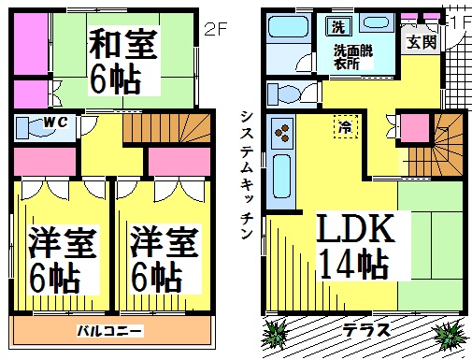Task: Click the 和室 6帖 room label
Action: point(123,61)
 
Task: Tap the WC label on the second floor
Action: point(55,122)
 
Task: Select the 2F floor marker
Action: point(215,29)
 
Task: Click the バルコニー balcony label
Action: point(109,331)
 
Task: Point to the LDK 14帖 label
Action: point(356,246)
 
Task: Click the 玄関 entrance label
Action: point(422,42)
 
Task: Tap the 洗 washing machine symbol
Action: point(338,27)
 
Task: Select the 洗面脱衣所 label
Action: point(353,57)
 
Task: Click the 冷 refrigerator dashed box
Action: point(346,126)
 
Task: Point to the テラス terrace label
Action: point(365,330)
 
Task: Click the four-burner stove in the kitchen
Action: point(282,133)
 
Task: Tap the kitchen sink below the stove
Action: point(282,177)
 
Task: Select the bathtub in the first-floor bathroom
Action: point(289,27)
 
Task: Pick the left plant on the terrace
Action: point(275,334)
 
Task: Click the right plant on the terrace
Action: point(451,335)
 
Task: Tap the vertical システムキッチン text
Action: point(247,175)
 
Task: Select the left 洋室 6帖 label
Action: point(63,259)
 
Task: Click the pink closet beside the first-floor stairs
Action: point(415,127)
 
